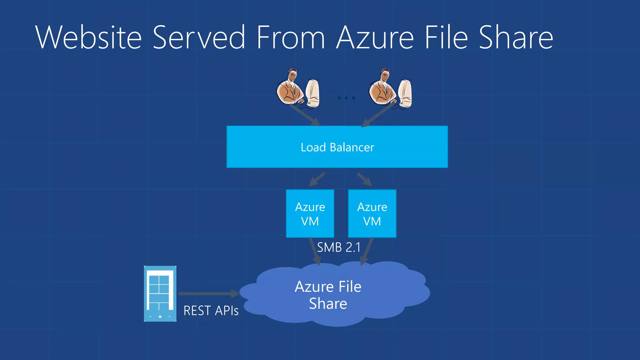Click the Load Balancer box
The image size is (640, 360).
(337, 147)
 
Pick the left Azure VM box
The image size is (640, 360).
(310, 214)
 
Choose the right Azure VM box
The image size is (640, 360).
(372, 214)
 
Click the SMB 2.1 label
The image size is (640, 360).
(339, 247)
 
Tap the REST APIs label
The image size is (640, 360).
(211, 311)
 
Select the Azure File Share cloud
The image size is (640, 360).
(328, 295)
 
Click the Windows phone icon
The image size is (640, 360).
(160, 294)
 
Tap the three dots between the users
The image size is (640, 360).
(346, 98)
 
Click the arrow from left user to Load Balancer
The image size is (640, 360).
(305, 115)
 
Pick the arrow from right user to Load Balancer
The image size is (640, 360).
(377, 116)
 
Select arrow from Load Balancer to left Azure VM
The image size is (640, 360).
(317, 179)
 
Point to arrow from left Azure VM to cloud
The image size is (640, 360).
(315, 251)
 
